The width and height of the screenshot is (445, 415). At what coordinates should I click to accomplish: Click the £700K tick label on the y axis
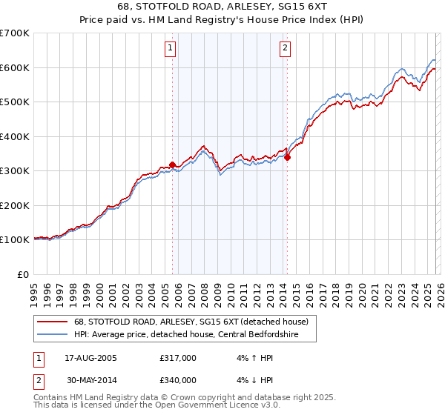point(15,33)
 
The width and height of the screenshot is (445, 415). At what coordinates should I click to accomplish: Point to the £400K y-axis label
point(15,136)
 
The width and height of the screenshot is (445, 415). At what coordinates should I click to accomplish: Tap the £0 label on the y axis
point(24,274)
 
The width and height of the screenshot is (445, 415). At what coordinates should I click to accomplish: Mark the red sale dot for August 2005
point(172,165)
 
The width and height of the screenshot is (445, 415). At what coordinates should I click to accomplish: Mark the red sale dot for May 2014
point(287,157)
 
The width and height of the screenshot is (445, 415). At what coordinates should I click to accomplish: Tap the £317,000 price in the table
point(178,358)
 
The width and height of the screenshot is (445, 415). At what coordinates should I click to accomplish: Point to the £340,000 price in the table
point(178,380)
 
